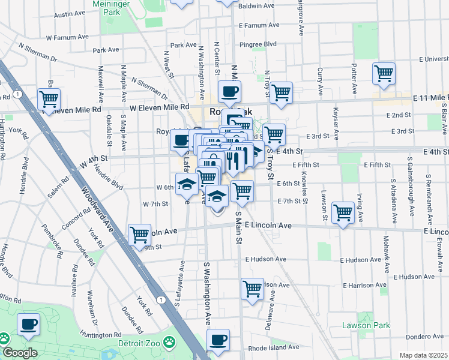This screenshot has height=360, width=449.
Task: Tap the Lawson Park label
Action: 366,326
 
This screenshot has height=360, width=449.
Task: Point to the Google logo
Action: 20,353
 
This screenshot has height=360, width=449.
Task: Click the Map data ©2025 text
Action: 423,355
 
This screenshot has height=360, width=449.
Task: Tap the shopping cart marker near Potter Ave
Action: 384,74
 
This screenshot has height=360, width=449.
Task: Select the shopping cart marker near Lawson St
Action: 342,212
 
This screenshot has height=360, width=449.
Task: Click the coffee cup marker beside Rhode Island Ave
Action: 218,340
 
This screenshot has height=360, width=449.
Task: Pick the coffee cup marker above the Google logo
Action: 28,326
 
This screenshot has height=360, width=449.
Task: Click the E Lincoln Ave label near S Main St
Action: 268,225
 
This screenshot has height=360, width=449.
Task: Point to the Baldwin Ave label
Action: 256,6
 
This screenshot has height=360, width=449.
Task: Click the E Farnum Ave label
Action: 259,26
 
